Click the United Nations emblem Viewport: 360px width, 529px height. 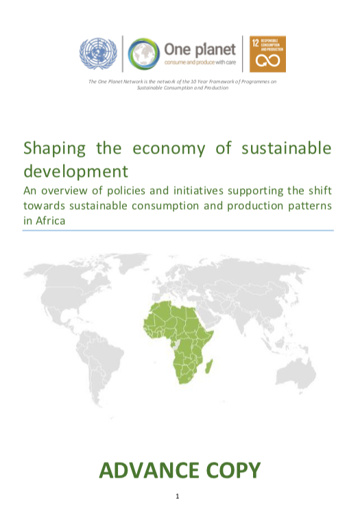click(98, 54)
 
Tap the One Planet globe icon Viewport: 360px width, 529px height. click(144, 54)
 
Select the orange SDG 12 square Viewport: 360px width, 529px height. click(268, 54)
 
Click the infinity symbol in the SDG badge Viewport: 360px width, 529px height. click(268, 61)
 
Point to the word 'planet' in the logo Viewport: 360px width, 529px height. click(215, 50)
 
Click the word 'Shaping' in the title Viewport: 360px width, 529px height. click(54, 149)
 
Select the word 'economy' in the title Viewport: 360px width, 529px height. click(169, 149)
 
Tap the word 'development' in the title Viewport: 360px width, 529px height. click(75, 171)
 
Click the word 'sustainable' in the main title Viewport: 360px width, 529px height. click(287, 148)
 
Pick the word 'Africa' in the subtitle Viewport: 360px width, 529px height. click(50, 221)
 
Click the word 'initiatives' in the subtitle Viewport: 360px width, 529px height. click(198, 190)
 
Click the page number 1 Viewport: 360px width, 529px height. click(178, 496)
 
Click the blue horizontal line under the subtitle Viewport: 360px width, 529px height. click(178, 230)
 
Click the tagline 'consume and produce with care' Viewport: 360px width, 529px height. click(200, 62)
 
